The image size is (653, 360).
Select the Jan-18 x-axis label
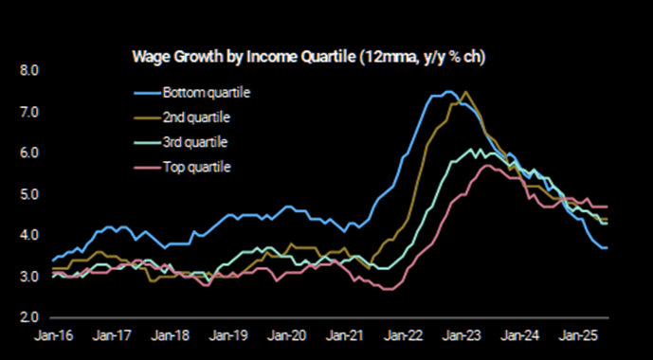[172, 336]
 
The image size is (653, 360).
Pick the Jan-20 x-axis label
[287, 336]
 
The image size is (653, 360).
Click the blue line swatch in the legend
[146, 93]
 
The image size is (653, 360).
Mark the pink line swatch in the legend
[146, 167]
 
